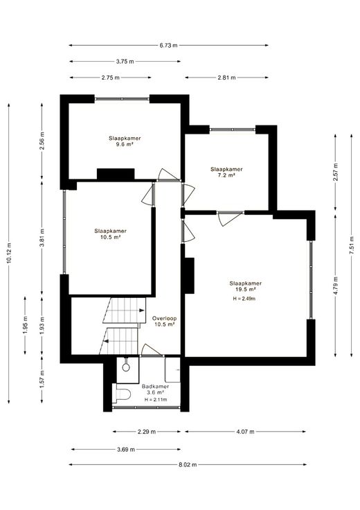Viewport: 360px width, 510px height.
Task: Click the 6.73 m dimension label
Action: point(168,46)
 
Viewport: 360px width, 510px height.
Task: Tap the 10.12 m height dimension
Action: point(9,254)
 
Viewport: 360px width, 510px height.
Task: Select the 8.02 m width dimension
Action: point(188,464)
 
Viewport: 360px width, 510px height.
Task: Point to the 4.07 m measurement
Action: point(245,432)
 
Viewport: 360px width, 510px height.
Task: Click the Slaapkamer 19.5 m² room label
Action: point(245,286)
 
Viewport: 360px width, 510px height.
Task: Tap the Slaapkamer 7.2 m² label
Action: point(226,172)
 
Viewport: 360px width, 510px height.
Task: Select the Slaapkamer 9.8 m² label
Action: point(125,141)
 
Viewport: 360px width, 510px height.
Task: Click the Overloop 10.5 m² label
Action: point(164,322)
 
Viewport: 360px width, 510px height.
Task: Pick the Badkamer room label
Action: point(155,387)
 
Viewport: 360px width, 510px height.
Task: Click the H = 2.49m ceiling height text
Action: point(244,299)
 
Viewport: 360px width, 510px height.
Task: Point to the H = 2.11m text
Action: point(156,399)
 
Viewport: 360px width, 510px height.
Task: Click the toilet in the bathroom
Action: point(122,394)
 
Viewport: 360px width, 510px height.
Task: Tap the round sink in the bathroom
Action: point(126,367)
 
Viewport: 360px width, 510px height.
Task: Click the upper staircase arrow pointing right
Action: point(142,310)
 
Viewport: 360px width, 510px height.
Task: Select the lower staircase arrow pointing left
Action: point(106,341)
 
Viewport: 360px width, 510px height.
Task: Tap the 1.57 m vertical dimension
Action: point(42,379)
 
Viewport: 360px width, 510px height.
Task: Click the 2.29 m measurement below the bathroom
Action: point(147,432)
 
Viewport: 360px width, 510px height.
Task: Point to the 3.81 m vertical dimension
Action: point(42,238)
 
